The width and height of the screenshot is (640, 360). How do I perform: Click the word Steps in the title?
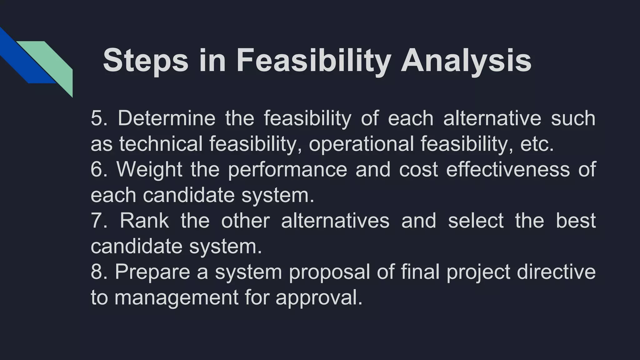tap(145, 61)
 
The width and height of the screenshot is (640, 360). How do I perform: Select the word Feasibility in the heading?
tap(313, 61)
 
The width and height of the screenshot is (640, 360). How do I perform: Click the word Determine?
tap(167, 118)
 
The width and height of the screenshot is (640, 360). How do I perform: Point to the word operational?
tap(361, 144)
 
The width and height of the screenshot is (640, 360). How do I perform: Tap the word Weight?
tap(149, 169)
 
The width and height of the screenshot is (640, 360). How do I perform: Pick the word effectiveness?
tap(508, 169)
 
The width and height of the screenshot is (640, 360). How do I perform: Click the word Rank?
tap(144, 221)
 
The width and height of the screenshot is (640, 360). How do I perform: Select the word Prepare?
tap(152, 272)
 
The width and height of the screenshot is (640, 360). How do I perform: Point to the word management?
tap(177, 297)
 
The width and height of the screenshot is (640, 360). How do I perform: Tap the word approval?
tap(319, 297)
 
